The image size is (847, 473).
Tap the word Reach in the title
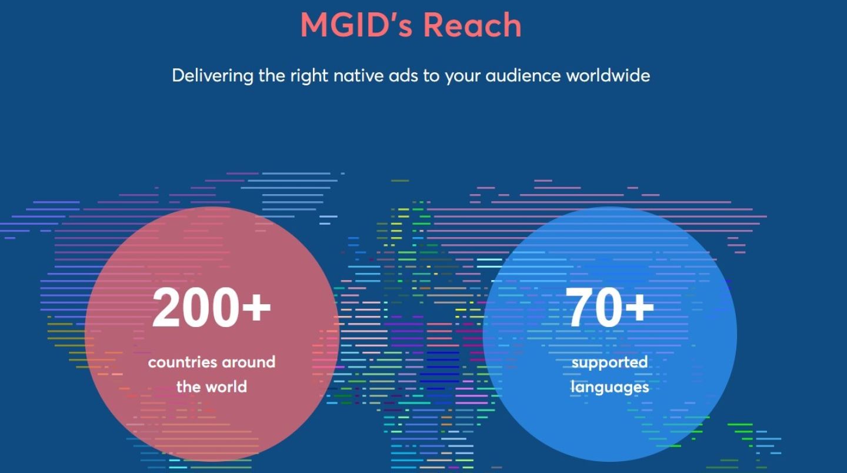click(x=472, y=25)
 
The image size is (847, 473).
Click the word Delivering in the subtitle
click(x=212, y=76)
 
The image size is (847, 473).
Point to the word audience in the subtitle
click(x=523, y=76)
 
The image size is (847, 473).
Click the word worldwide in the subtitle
click(x=608, y=76)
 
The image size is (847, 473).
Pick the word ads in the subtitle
click(x=404, y=76)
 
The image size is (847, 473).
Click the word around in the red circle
click(x=248, y=362)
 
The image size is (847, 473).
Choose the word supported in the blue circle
click(x=609, y=363)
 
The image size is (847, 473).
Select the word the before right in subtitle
click(x=272, y=76)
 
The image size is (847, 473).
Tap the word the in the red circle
click(x=190, y=387)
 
